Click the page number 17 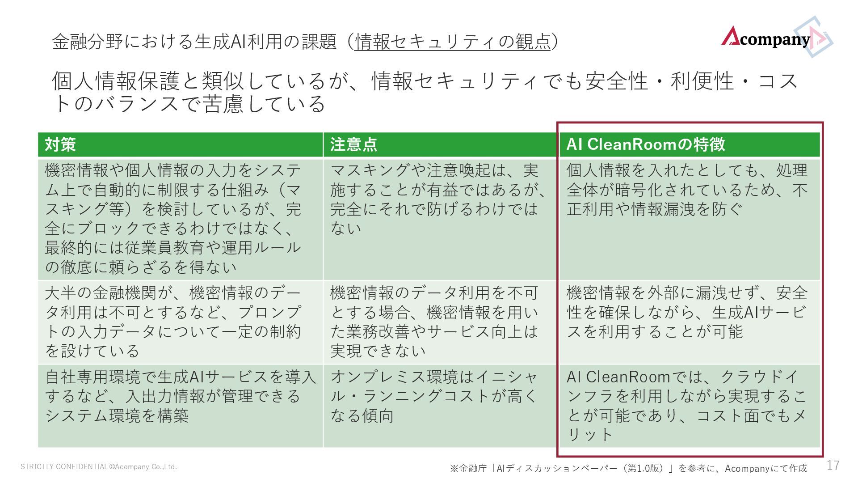(833, 466)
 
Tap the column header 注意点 (353, 144)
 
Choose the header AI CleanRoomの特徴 (645, 144)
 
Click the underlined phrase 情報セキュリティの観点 (452, 42)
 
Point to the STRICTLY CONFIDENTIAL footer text (99, 467)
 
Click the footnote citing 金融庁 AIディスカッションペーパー (628, 468)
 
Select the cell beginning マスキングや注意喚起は (438, 199)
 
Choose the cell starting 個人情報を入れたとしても (687, 190)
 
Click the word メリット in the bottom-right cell (590, 434)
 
